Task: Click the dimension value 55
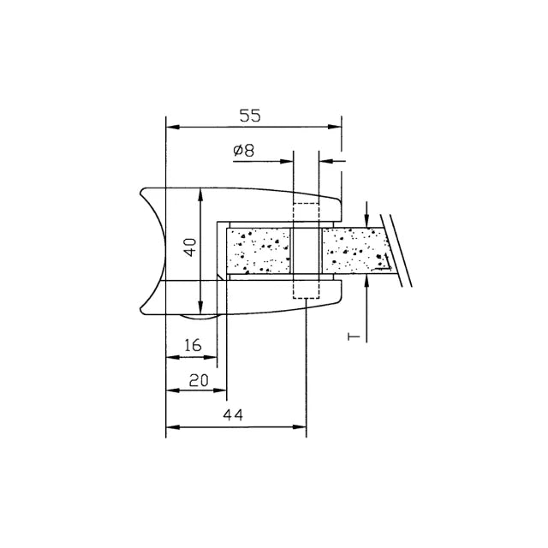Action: [x=250, y=116]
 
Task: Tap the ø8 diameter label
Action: [x=244, y=151]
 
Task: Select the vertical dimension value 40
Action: [x=190, y=247]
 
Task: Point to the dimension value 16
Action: [x=193, y=345]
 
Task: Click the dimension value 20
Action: [x=199, y=380]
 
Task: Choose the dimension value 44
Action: [x=233, y=414]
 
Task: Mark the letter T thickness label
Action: [x=354, y=337]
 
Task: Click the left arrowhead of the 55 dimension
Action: [x=173, y=127]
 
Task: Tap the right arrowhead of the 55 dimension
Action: [x=335, y=127]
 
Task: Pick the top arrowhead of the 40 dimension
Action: [x=200, y=194]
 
